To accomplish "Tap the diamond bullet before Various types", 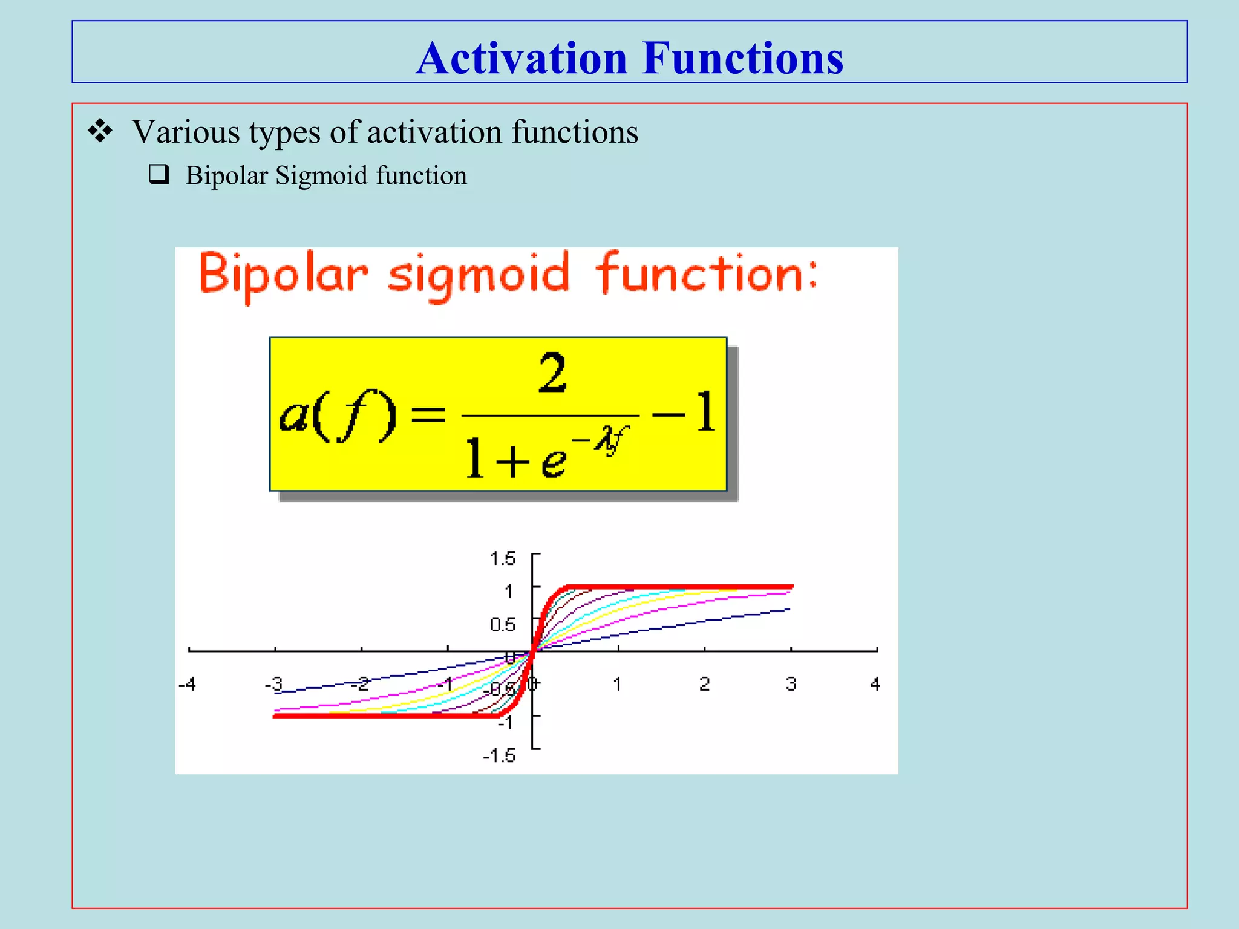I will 100,131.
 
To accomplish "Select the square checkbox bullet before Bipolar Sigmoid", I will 159,174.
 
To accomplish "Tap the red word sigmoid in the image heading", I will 478,275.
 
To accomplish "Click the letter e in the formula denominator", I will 553,461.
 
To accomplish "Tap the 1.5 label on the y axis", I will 503,558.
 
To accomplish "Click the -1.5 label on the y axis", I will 499,755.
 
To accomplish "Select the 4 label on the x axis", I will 875,684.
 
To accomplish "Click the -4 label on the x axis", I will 188,684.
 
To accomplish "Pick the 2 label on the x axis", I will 704,684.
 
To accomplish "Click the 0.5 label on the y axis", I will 503,624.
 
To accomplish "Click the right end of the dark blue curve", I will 788,610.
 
